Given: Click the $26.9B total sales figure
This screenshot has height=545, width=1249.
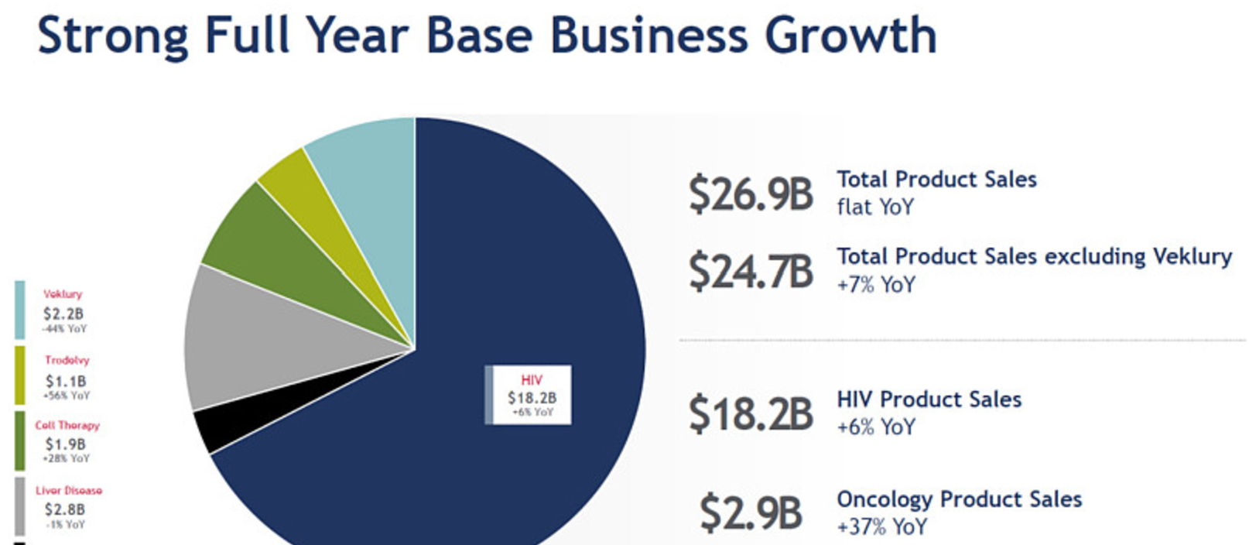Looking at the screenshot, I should (750, 194).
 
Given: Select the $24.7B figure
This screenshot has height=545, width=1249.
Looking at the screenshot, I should (750, 271).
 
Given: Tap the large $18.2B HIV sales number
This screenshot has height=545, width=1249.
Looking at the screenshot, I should (750, 413).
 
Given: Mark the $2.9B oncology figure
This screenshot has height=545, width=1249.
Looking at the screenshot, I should (750, 513).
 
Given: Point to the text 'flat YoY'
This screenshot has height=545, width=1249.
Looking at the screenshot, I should (875, 207).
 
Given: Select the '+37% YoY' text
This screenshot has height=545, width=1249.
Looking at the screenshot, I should (881, 527).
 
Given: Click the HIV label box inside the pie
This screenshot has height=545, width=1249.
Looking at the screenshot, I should (531, 395).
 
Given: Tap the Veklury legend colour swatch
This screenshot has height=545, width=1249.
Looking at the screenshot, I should (19, 310).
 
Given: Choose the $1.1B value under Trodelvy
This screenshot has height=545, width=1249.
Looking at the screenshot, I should (66, 381).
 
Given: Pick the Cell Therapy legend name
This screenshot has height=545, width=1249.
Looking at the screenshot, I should (67, 425).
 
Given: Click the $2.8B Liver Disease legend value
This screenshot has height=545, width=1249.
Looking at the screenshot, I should (65, 509).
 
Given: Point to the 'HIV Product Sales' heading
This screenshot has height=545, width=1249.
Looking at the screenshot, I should (929, 399).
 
